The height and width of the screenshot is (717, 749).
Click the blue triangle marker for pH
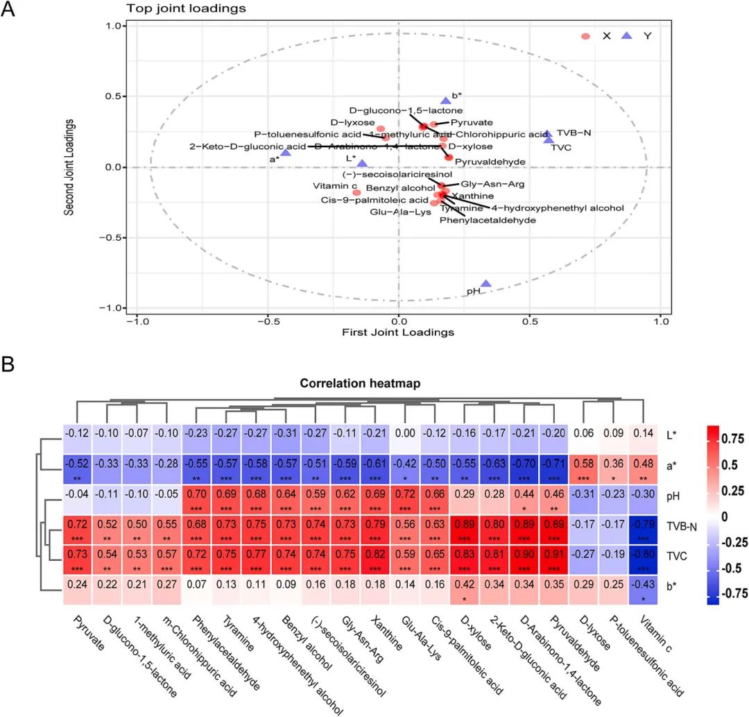(486, 283)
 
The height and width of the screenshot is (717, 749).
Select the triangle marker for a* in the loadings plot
(286, 151)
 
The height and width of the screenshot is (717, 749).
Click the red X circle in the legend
(586, 36)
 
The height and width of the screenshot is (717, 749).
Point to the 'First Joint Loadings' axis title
(398, 332)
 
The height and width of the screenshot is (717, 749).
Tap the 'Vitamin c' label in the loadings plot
(335, 185)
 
